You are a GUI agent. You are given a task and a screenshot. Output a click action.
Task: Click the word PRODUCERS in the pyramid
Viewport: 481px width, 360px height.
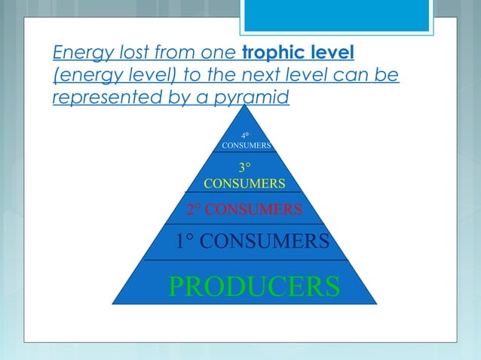253,286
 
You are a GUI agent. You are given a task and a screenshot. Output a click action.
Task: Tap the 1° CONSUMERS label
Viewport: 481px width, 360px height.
252,242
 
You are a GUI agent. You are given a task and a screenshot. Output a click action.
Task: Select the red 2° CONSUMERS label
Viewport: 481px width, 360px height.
244,208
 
